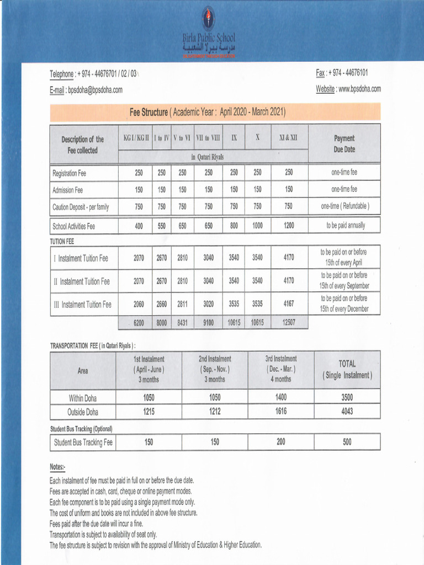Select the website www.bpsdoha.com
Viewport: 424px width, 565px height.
(x=359, y=89)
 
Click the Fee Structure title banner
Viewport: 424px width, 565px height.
(x=207, y=113)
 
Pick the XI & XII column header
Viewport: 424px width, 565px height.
(x=289, y=137)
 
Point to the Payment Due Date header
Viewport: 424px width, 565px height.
(x=344, y=144)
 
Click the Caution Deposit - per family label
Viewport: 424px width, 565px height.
(x=81, y=207)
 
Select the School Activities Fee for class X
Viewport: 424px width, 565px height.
(x=257, y=226)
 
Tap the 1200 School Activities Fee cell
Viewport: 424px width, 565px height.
(x=289, y=226)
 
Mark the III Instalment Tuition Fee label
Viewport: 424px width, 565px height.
(x=82, y=305)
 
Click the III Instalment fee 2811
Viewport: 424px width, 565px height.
(x=183, y=304)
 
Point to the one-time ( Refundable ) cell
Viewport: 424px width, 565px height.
(x=344, y=206)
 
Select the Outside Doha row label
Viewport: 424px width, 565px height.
(x=83, y=412)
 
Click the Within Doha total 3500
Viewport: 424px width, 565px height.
(x=347, y=397)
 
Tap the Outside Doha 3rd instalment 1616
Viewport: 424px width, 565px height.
(x=280, y=412)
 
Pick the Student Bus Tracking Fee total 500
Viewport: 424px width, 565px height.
(x=347, y=442)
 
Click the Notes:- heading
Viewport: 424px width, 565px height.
(x=57, y=467)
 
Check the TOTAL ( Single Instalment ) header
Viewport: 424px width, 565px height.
(x=347, y=370)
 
